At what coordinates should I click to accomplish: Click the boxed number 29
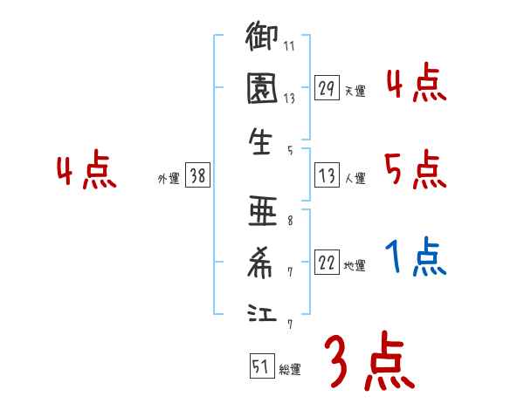click(327, 88)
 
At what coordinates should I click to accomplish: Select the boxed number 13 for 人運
click(327, 176)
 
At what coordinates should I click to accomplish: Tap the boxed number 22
click(327, 263)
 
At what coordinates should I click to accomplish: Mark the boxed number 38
click(197, 176)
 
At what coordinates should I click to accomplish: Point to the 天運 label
click(355, 90)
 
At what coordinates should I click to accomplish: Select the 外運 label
click(168, 178)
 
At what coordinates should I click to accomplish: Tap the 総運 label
click(290, 368)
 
